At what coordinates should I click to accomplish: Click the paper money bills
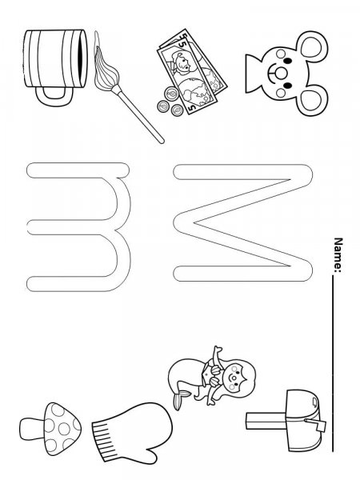pos(188,76)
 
